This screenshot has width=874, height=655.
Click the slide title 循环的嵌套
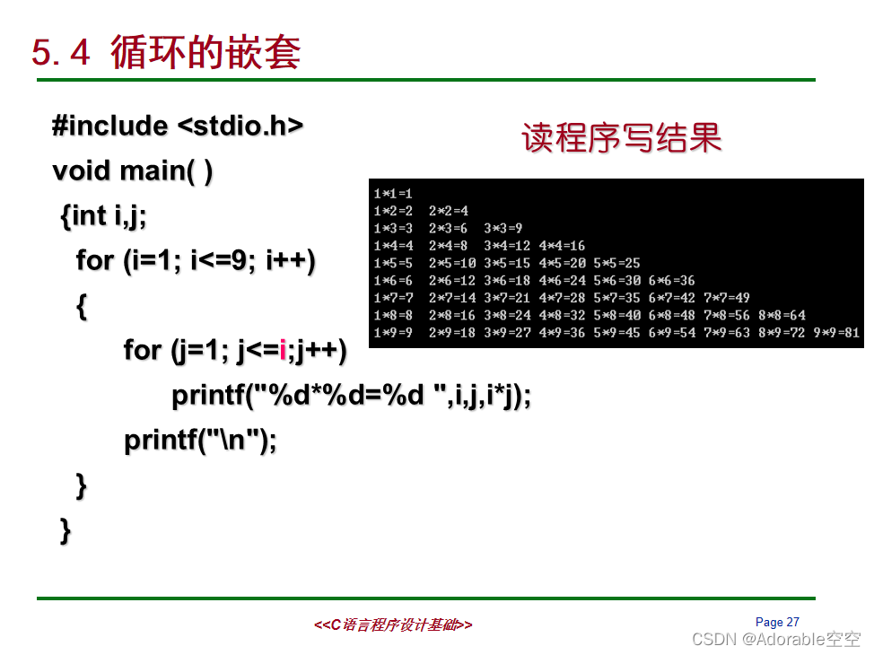click(x=205, y=53)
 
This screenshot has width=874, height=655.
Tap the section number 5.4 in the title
click(x=61, y=54)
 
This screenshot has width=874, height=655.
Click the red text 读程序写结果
click(x=622, y=138)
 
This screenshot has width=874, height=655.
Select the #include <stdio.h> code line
click(x=178, y=126)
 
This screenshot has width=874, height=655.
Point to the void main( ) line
click(x=133, y=170)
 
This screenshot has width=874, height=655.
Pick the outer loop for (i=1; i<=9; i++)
click(x=196, y=260)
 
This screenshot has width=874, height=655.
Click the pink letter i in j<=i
click(x=283, y=350)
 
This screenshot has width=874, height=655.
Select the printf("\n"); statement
click(x=200, y=440)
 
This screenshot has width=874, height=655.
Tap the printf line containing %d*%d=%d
click(x=351, y=395)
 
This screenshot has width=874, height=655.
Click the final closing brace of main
click(x=65, y=529)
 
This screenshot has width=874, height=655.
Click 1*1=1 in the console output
click(x=392, y=193)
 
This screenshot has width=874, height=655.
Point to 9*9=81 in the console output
click(x=836, y=333)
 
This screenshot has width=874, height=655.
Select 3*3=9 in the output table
click(x=503, y=228)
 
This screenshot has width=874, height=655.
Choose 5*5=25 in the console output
click(x=616, y=263)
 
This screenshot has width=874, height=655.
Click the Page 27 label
click(x=777, y=622)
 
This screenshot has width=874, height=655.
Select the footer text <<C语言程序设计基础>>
click(x=393, y=624)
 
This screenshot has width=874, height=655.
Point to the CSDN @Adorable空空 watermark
click(x=777, y=639)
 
